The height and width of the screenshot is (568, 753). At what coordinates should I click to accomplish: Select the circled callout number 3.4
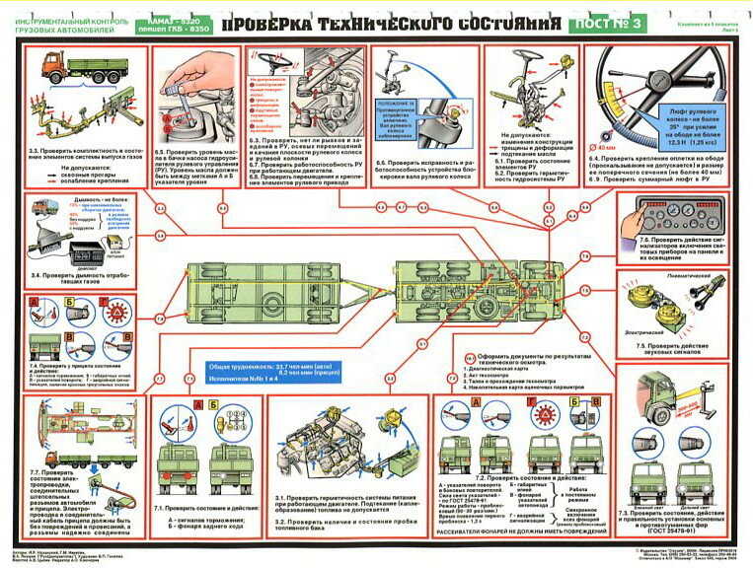point(160,234)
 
